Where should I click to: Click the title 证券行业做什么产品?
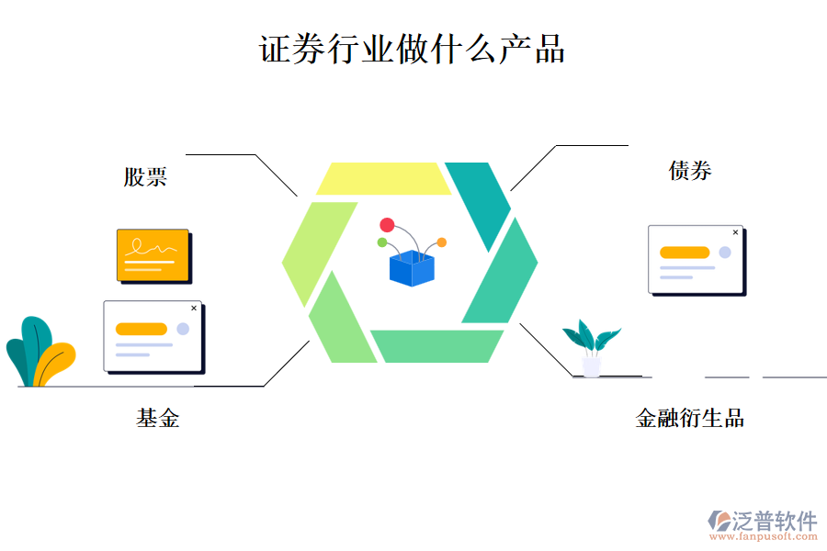click(x=412, y=49)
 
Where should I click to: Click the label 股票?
click(x=145, y=176)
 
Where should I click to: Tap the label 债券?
click(x=690, y=170)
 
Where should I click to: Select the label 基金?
click(x=158, y=419)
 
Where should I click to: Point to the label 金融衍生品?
click(x=689, y=419)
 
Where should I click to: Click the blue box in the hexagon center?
click(x=411, y=268)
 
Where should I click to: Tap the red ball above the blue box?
click(x=387, y=225)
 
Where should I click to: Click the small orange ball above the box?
click(x=441, y=242)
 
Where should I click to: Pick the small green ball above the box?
click(x=382, y=242)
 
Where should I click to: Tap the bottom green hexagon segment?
click(x=436, y=345)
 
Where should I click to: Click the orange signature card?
click(x=153, y=254)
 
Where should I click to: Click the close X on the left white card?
click(x=193, y=309)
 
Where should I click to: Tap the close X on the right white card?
click(x=735, y=232)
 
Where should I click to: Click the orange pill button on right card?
click(x=685, y=253)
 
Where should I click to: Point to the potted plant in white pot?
click(x=591, y=349)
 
